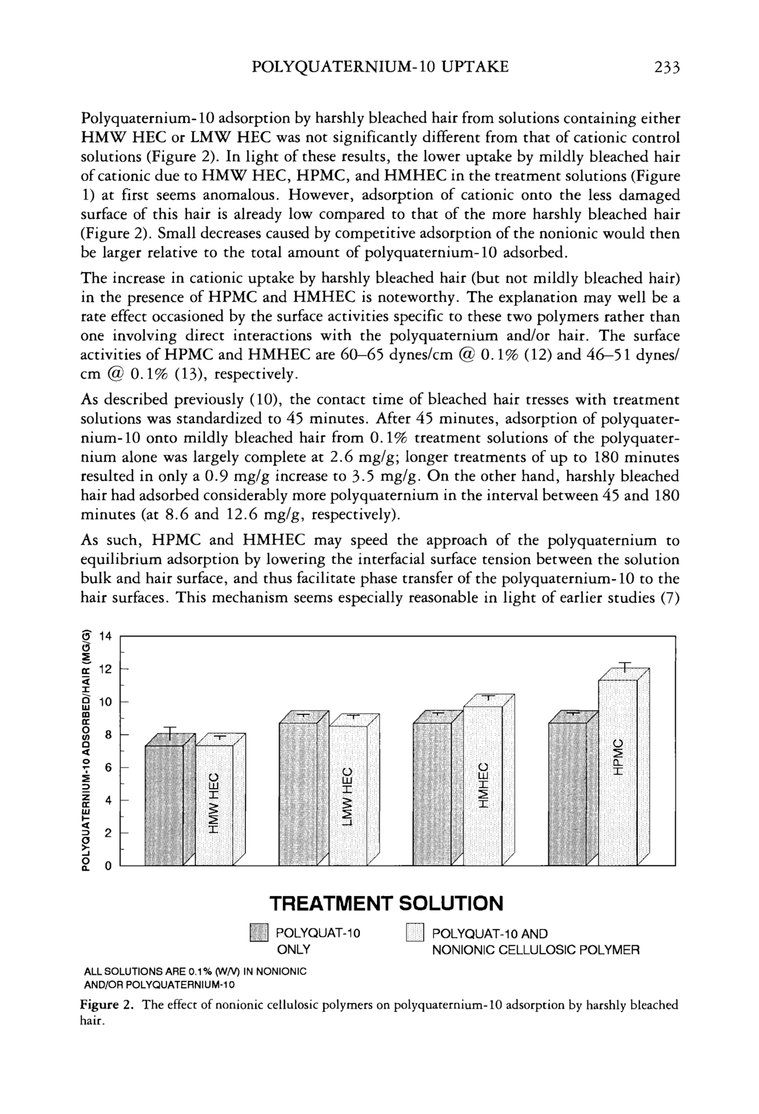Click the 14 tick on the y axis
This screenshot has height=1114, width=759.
click(105, 636)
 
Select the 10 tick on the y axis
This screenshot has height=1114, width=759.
click(105, 702)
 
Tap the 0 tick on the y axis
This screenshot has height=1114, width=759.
click(108, 866)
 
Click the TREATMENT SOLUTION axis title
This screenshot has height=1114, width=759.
click(386, 904)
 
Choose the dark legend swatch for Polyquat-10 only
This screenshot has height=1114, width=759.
click(258, 933)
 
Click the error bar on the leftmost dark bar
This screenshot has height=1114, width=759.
click(170, 733)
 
